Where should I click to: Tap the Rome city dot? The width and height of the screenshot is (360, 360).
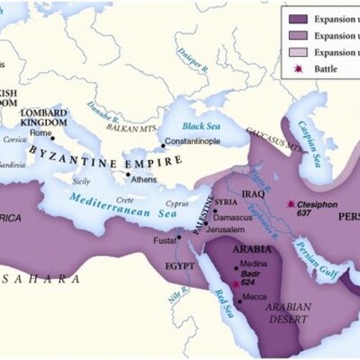(x=53, y=137)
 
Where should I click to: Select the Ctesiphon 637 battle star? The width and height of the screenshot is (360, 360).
(x=290, y=204)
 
